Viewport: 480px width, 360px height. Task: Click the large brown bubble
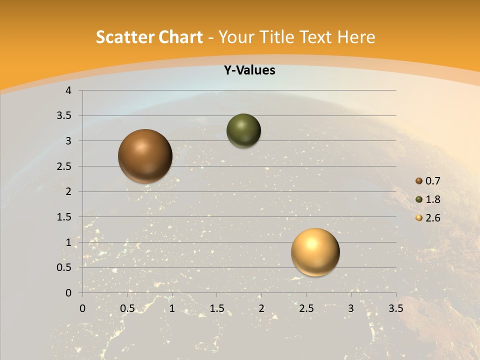coord(145,156)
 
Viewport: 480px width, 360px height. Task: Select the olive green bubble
coord(243,130)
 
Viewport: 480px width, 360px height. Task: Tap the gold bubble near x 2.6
coord(315,252)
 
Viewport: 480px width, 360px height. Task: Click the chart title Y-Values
coord(249,70)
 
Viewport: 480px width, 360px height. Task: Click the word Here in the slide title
coord(356,37)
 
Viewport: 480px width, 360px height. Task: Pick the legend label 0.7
coord(433,181)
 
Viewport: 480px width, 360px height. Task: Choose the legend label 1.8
coord(433,199)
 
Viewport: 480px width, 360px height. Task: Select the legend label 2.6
coord(433,218)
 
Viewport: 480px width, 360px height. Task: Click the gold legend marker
coord(419,218)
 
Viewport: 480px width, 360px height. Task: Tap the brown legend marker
coord(419,181)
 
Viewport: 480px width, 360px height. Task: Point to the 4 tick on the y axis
coord(68,90)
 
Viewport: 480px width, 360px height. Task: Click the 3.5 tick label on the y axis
coord(64,115)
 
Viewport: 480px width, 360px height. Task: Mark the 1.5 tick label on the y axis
coord(64,217)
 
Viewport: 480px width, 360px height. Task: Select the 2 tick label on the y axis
coord(69,191)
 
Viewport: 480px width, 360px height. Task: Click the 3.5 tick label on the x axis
coord(395,308)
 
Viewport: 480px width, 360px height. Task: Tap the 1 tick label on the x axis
coord(172,308)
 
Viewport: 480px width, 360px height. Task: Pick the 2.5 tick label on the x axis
coord(306,308)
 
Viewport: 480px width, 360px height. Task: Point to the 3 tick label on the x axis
coord(351,308)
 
